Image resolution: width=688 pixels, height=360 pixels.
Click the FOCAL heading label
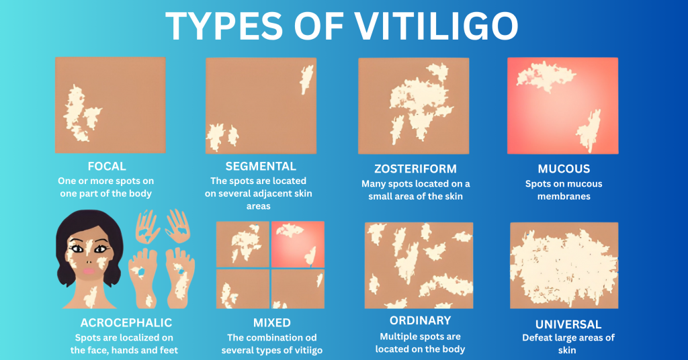(107, 166)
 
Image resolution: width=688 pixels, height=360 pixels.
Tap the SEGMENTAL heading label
(261, 166)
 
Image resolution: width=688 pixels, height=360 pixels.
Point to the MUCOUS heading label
(564, 169)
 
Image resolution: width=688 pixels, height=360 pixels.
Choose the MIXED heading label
(271, 323)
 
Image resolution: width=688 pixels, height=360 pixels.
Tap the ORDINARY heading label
(420, 320)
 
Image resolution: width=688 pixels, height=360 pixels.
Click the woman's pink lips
(89, 271)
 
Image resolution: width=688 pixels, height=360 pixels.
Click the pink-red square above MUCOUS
(562, 105)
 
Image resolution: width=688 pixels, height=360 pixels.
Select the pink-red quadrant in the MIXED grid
(298, 244)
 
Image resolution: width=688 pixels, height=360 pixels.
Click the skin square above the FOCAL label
(110, 105)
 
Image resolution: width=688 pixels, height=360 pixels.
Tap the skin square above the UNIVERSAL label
(564, 265)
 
